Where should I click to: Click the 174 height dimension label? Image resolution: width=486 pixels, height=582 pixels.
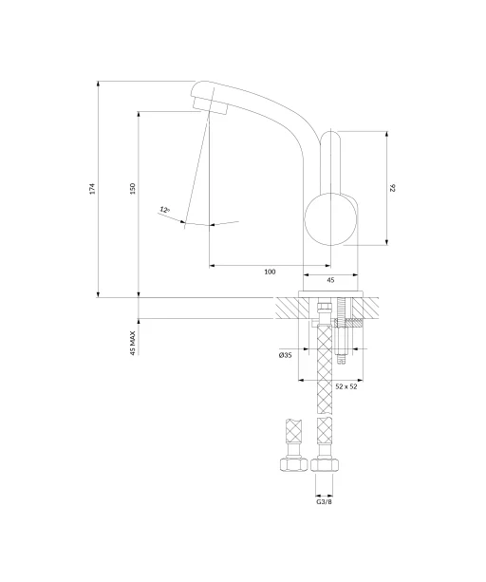[92, 189]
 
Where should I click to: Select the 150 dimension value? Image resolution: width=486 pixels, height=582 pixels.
[133, 189]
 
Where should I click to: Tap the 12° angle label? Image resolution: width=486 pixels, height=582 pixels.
[165, 210]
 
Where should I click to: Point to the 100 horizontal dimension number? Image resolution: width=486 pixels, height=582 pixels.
[270, 272]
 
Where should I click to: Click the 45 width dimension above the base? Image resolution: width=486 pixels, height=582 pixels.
[330, 280]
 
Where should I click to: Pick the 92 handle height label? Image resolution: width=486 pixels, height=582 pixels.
[393, 188]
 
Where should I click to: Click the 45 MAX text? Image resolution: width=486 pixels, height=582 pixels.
[133, 344]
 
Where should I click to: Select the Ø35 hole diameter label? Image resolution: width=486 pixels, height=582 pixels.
[286, 355]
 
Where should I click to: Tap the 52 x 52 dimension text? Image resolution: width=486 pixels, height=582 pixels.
[346, 386]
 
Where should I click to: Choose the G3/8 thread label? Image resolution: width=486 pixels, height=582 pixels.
[324, 502]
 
